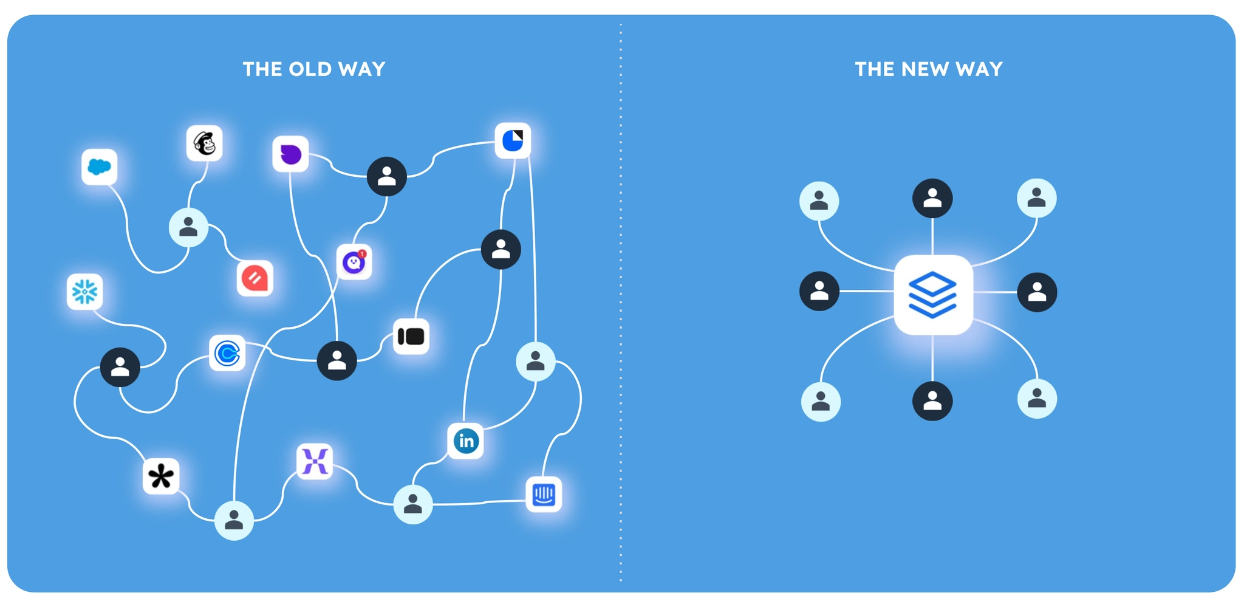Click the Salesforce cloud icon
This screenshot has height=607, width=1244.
[x=99, y=166]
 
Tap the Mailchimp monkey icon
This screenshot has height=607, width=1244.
[x=204, y=143]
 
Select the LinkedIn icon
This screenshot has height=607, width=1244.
[x=466, y=441]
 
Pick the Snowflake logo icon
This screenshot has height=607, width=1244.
[x=84, y=292]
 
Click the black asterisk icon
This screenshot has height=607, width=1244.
[x=161, y=476]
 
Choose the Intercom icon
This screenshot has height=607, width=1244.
[x=543, y=495]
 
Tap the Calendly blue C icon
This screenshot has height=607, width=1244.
[x=227, y=353]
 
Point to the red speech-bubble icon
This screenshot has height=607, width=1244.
[x=255, y=278]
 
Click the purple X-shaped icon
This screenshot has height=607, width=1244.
[x=315, y=461]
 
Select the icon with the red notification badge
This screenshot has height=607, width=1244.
[x=354, y=262]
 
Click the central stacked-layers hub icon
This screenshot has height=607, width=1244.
[x=933, y=295]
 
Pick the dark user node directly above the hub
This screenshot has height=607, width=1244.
[x=932, y=198]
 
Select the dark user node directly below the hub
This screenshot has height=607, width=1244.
[x=932, y=401]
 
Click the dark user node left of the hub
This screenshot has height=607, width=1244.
[x=819, y=291]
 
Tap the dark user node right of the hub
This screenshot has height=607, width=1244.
[x=1037, y=292]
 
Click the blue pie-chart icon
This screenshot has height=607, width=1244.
[x=513, y=140]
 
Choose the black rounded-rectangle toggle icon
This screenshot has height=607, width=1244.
[x=411, y=336]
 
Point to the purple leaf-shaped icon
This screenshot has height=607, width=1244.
[x=290, y=154]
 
